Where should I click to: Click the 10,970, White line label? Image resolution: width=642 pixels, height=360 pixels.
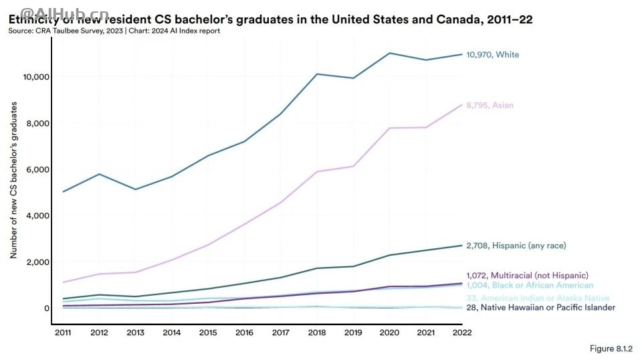[492, 55]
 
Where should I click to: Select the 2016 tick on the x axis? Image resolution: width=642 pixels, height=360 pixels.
[244, 333]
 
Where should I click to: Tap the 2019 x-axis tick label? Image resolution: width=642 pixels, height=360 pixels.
[353, 333]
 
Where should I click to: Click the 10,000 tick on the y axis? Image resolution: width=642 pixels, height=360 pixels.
[36, 77]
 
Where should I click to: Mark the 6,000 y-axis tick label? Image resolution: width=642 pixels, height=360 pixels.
[38, 169]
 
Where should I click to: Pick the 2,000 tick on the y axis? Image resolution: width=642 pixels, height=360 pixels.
[38, 262]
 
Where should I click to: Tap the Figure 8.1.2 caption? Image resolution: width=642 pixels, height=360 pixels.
[611, 349]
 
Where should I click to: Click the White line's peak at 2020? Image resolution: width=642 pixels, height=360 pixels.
[389, 53]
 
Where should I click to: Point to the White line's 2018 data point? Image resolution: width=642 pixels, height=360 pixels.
[317, 74]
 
